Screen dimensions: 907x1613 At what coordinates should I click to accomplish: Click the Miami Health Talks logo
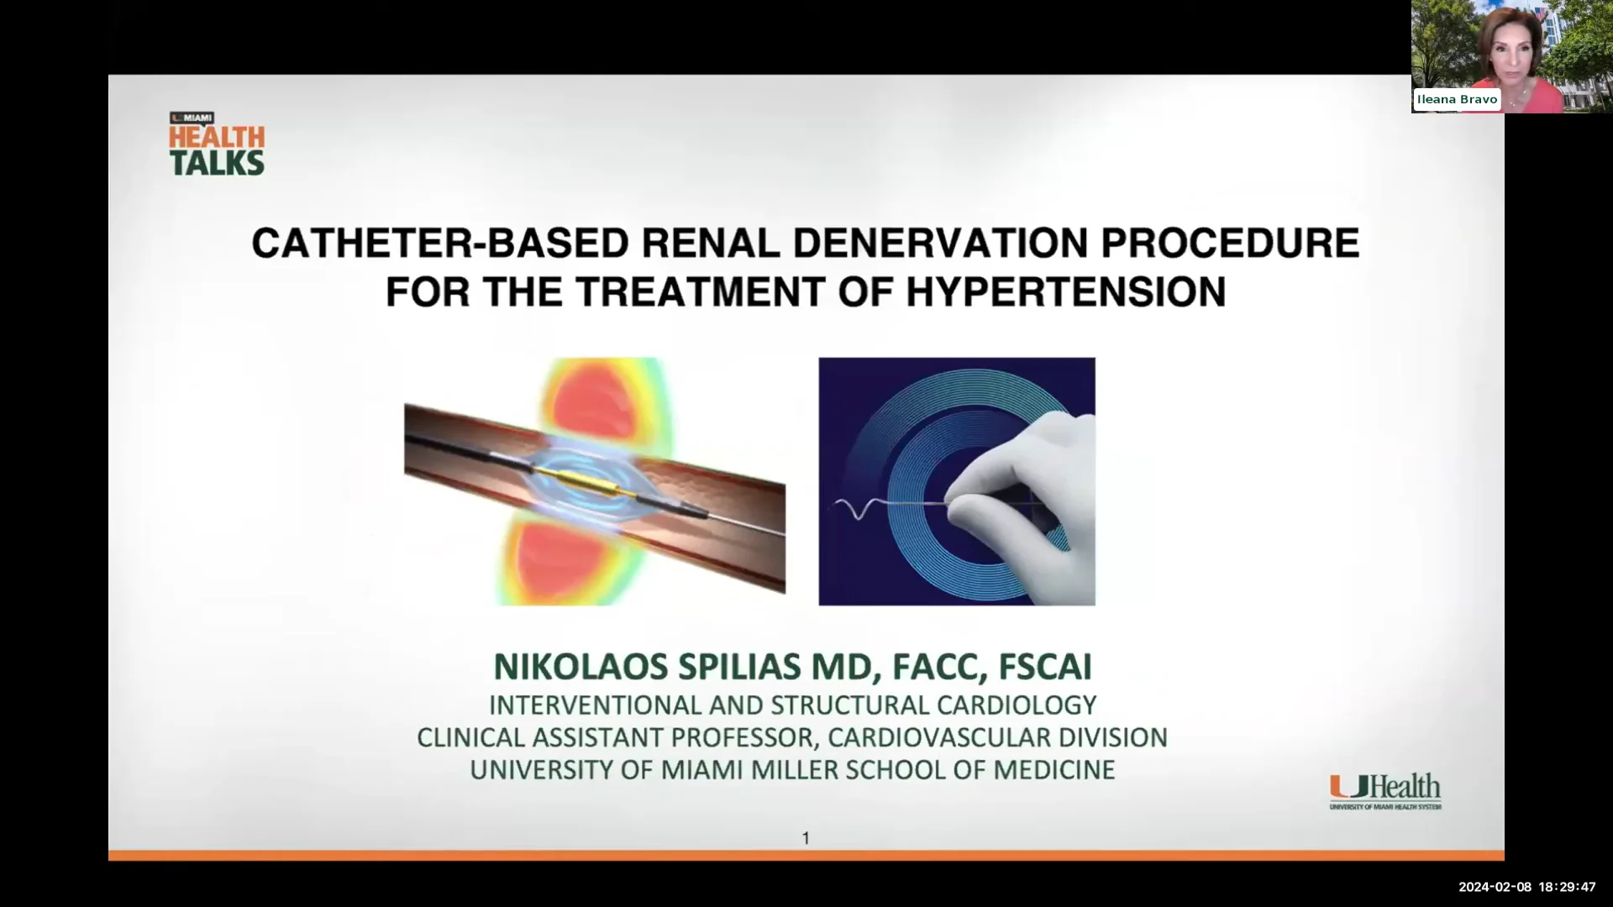point(217,144)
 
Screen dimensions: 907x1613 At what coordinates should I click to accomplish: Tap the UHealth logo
point(1384,791)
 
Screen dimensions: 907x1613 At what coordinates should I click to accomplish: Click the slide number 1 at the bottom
point(806,838)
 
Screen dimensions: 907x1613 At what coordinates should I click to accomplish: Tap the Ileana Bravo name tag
point(1457,99)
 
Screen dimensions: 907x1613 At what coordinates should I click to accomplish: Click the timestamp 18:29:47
point(1567,887)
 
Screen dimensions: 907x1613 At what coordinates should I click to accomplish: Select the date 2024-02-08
point(1495,887)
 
